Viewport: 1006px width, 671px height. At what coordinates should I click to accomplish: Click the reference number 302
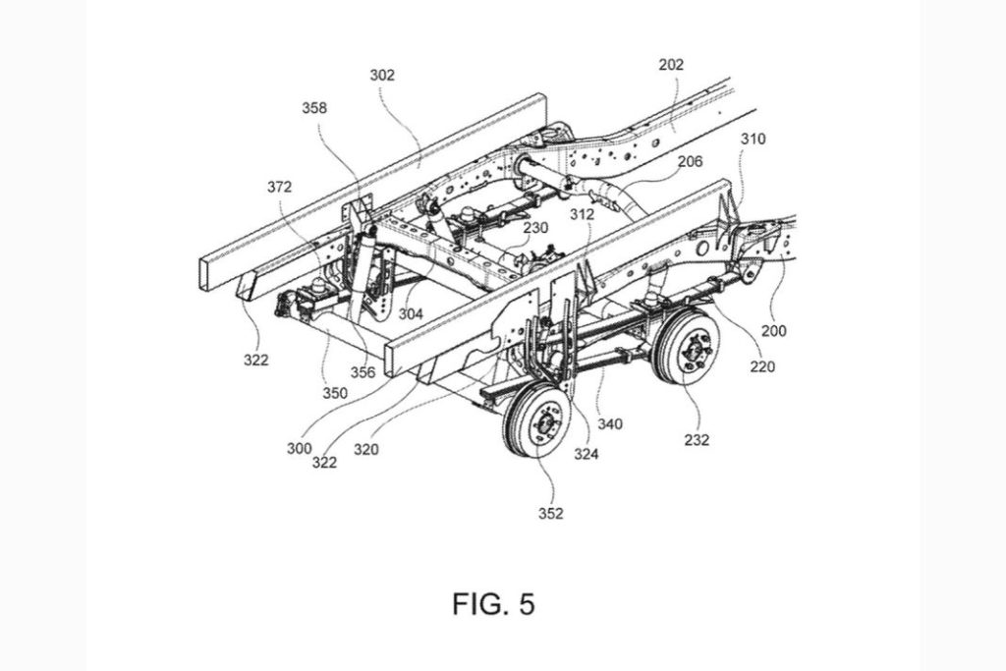point(381,74)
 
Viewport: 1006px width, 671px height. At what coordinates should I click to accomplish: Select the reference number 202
point(671,65)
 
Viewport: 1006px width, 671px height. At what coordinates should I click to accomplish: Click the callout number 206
point(690,161)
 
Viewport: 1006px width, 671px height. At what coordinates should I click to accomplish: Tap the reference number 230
point(535,226)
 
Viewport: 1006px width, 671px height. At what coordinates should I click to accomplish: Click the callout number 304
point(411,315)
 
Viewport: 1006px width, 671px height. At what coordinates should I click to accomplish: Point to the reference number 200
point(773,331)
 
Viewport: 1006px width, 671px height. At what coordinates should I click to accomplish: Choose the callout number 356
point(363,372)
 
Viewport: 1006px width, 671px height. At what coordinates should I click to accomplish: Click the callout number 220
point(762,368)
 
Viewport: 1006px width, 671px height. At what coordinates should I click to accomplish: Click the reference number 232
point(697,440)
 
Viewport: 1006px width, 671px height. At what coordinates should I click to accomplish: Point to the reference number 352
point(550,513)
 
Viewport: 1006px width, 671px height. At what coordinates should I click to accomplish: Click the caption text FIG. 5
point(494,603)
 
